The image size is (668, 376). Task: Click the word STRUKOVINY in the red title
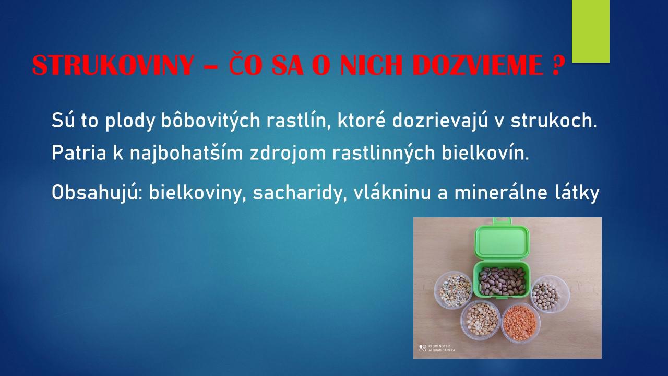(113, 65)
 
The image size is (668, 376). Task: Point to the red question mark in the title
(556, 65)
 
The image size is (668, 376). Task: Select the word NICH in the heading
(372, 65)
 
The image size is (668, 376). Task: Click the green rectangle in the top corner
(590, 31)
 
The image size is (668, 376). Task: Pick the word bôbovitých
(211, 121)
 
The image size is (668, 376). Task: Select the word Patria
(79, 152)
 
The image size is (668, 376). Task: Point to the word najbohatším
(186, 153)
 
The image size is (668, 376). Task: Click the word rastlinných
(384, 153)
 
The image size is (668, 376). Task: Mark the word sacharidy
(300, 193)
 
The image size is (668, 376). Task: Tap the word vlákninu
(392, 193)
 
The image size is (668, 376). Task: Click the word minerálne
(500, 193)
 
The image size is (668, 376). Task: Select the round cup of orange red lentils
(521, 323)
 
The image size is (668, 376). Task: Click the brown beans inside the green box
(502, 281)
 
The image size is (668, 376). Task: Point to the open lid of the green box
(502, 241)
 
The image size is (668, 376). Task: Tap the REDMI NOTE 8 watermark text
(439, 346)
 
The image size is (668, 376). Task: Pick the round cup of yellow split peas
(481, 320)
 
